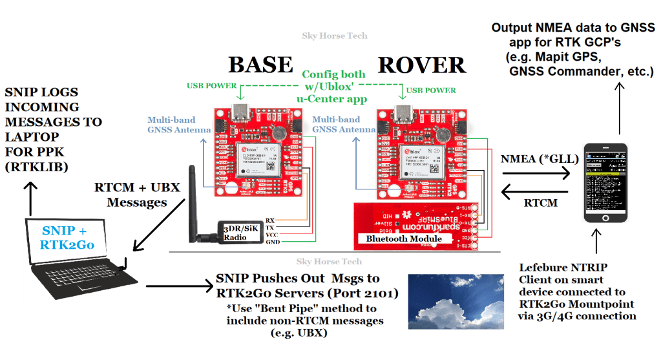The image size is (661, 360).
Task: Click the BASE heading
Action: point(260,65)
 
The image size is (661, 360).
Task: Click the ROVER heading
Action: point(421,65)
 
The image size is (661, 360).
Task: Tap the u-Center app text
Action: point(332,99)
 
